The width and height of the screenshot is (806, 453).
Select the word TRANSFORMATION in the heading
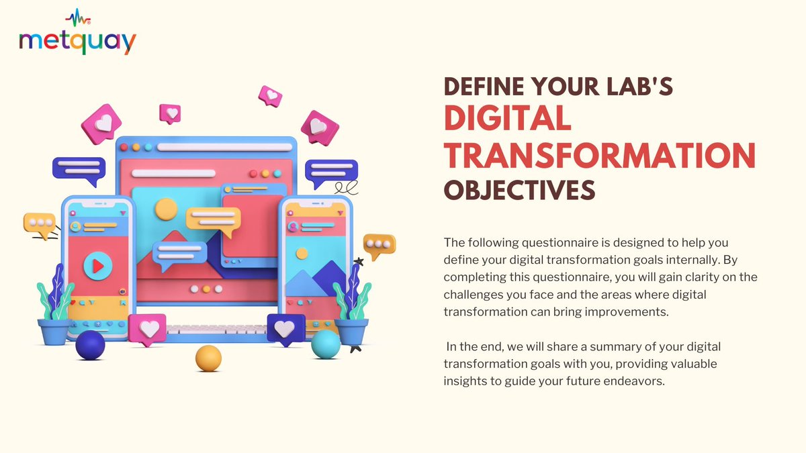tap(600, 155)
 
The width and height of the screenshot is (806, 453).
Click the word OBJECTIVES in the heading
tap(519, 190)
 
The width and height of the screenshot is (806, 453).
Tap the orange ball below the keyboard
tap(208, 358)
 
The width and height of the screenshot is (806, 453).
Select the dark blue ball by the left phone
tap(90, 345)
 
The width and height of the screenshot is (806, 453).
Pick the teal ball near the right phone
tap(326, 344)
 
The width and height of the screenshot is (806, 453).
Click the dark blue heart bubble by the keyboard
tap(285, 329)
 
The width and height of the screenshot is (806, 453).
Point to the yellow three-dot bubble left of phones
tap(39, 225)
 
